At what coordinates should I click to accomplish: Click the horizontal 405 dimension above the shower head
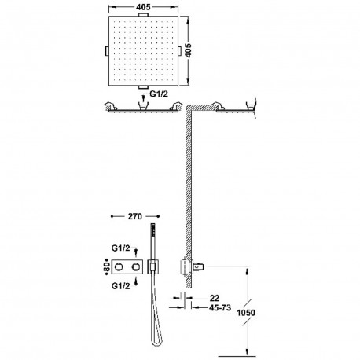143,7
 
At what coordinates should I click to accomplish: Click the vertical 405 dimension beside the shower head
188,50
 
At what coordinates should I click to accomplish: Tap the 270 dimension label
135,216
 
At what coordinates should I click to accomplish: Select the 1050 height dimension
246,313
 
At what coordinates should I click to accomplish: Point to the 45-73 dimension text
220,307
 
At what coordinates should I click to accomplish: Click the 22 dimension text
215,298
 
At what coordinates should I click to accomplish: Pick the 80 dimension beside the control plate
107,266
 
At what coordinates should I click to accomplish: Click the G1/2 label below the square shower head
159,94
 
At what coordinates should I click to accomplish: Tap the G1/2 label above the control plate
120,248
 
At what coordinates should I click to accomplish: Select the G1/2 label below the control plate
120,286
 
